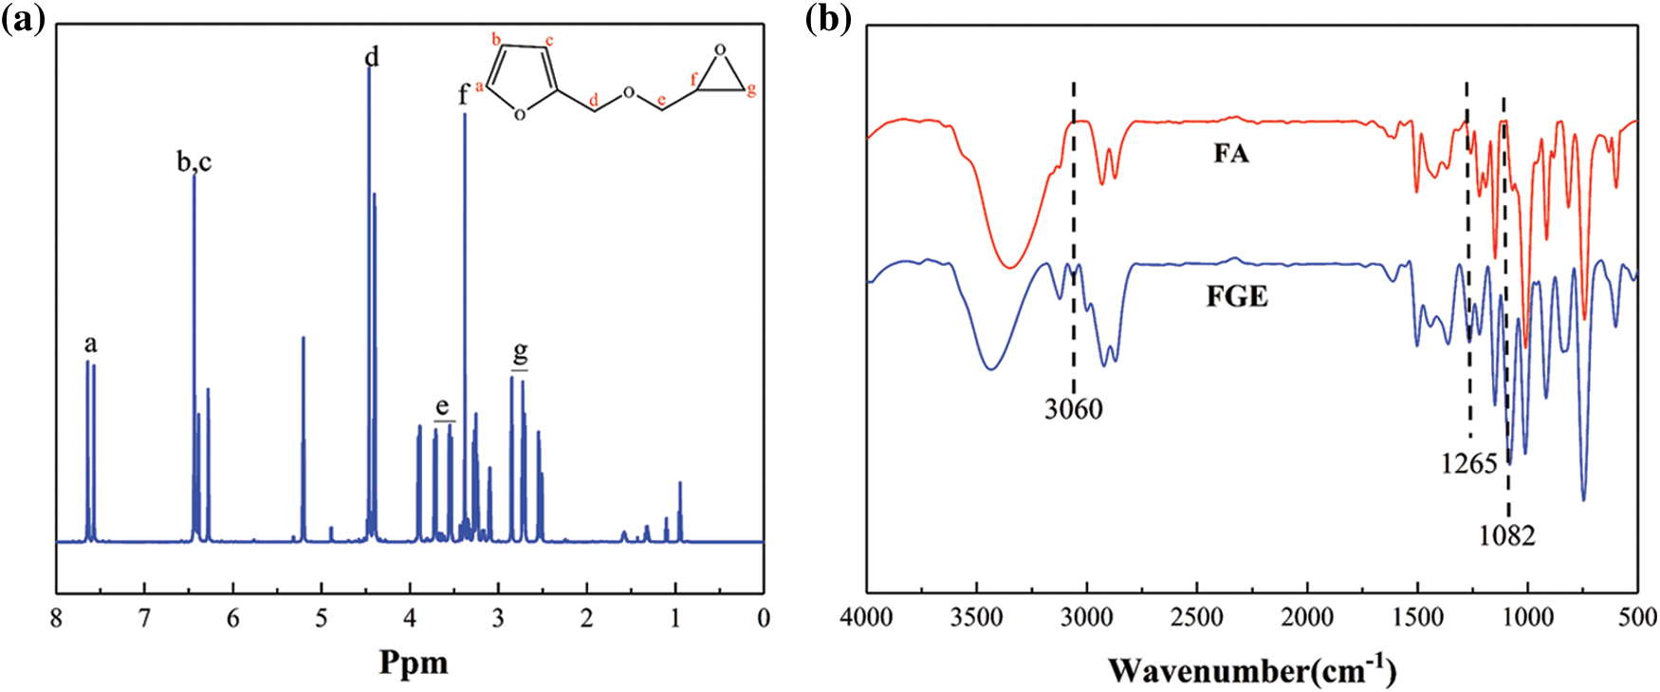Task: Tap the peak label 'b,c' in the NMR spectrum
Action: click(194, 162)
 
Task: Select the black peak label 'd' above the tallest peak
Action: click(372, 58)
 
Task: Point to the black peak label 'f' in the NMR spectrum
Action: click(464, 94)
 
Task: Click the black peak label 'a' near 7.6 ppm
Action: click(90, 344)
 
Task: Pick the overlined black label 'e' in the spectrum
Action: click(442, 407)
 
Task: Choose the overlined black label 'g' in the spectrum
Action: click(520, 353)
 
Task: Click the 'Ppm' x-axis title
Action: click(414, 662)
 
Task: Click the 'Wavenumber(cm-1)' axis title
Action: click(1252, 670)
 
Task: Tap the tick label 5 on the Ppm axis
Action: click(322, 620)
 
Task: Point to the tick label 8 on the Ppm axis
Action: click(57, 620)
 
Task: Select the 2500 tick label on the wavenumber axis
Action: click(1197, 618)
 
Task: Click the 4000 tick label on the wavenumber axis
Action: click(867, 618)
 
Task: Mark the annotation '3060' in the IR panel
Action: click(1074, 409)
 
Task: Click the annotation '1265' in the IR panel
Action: click(1468, 463)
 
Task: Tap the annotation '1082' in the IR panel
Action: click(1506, 536)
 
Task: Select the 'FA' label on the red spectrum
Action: click(1231, 154)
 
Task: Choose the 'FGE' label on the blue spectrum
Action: click(1237, 297)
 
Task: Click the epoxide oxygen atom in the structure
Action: click(720, 49)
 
